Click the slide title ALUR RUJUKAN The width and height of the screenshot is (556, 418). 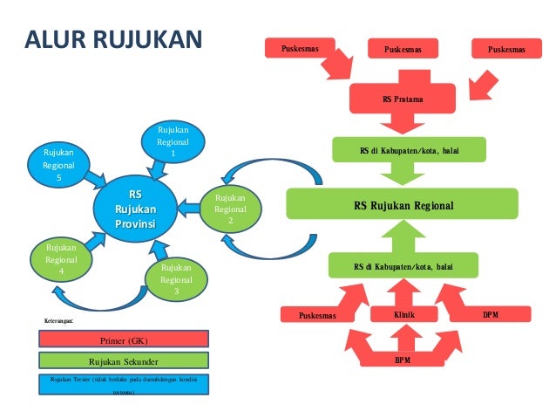click(113, 40)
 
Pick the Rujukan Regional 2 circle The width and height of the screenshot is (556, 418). click(230, 209)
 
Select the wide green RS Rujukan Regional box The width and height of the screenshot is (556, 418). click(403, 206)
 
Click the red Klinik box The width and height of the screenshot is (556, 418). click(403, 312)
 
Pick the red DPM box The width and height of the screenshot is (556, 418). click(490, 312)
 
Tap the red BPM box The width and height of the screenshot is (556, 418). click(403, 359)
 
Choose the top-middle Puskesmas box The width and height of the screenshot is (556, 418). click(403, 51)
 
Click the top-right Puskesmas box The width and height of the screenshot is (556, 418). click(506, 50)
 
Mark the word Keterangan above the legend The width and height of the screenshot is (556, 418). click(59, 321)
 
